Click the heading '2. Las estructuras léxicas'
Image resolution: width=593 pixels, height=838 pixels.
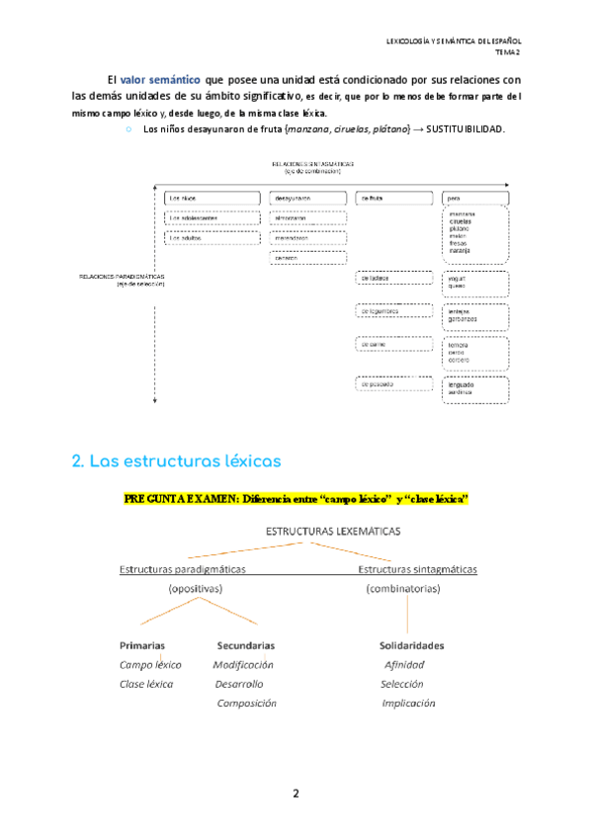(177, 461)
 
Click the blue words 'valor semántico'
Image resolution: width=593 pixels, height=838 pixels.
(161, 78)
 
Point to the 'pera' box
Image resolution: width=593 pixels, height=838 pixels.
(475, 198)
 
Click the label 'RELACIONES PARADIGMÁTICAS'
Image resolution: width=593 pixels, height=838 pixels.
(122, 277)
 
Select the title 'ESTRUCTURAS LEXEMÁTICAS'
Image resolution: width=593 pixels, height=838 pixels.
(333, 531)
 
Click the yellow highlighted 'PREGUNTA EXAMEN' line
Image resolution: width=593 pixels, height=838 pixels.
(296, 499)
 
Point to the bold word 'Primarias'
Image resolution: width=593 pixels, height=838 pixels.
(142, 645)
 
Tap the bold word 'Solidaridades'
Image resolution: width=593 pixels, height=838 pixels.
(411, 645)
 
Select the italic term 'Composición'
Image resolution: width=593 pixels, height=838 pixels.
(247, 703)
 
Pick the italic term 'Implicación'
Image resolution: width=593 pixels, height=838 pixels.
(408, 703)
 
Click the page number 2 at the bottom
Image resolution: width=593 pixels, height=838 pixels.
(296, 794)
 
